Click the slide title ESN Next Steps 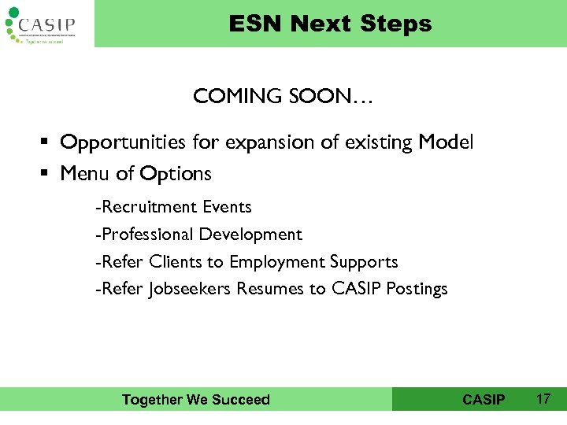pyautogui.click(x=330, y=24)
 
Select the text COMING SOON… pyautogui.click(x=283, y=98)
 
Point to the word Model pyautogui.click(x=446, y=142)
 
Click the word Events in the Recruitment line pyautogui.click(x=227, y=207)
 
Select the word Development pyautogui.click(x=250, y=235)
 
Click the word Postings pyautogui.click(x=417, y=289)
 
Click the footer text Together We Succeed pyautogui.click(x=196, y=400)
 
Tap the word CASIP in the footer pyautogui.click(x=484, y=400)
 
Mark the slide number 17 pyautogui.click(x=543, y=399)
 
